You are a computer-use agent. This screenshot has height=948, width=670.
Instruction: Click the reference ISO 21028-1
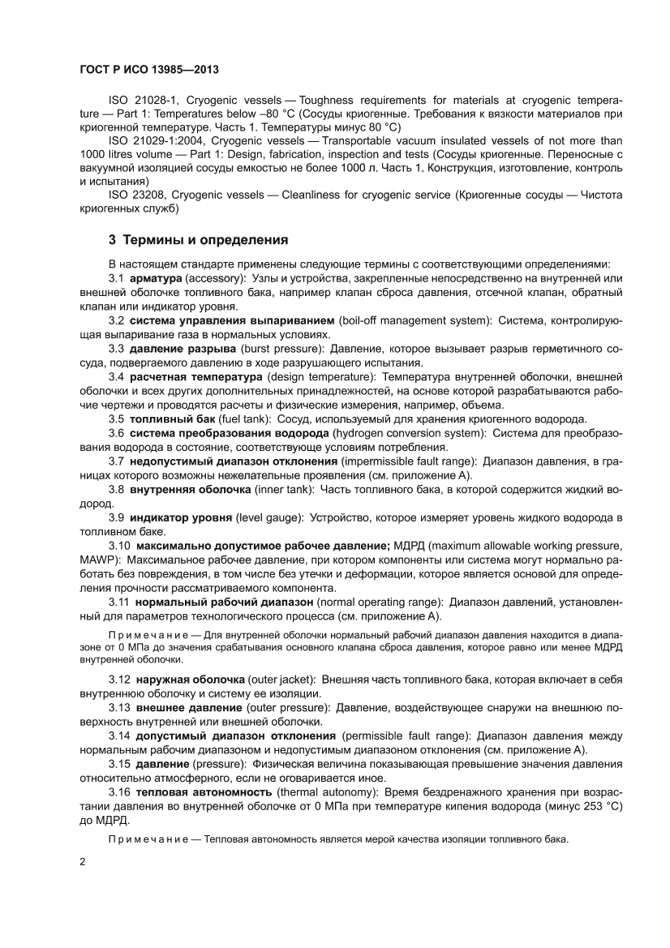click(x=143, y=98)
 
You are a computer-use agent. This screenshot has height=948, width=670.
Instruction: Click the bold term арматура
click(x=155, y=278)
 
